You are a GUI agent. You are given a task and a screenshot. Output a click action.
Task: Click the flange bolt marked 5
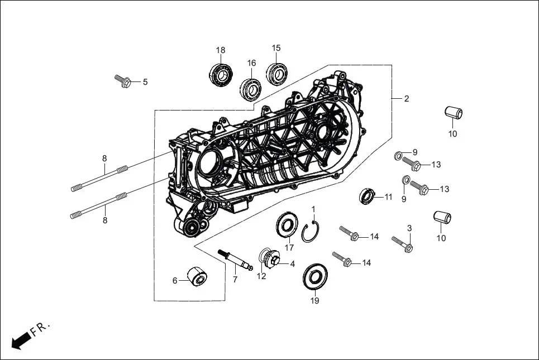pos(123,81)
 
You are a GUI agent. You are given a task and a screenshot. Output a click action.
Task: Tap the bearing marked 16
pos(251,88)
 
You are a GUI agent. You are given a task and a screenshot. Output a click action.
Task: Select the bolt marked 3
pos(402,243)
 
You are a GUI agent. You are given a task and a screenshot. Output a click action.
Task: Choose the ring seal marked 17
pos(288,227)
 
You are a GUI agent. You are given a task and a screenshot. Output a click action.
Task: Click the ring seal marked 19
pos(315,277)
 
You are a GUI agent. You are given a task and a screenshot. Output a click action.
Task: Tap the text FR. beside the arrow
pos(41,329)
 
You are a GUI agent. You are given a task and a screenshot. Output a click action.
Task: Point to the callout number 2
pos(407,99)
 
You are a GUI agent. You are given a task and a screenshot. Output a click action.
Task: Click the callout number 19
pos(315,301)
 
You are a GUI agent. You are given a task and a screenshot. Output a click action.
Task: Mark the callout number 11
pos(388,196)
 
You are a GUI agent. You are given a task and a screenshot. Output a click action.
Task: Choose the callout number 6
pos(175,281)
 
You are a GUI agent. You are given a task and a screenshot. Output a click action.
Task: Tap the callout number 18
pos(221,50)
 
